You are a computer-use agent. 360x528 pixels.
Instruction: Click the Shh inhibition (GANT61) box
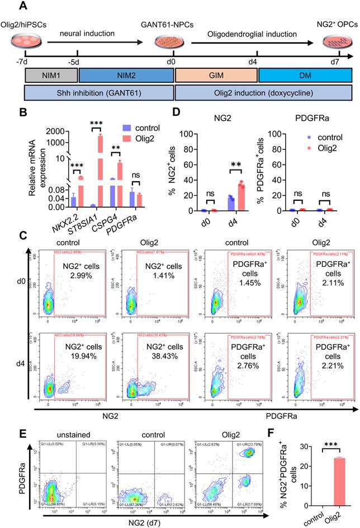click(100, 92)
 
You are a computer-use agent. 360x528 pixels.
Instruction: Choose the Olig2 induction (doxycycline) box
click(263, 92)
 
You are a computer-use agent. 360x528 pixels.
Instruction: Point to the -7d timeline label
click(22, 60)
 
